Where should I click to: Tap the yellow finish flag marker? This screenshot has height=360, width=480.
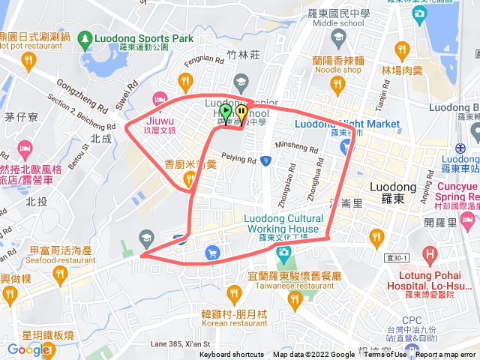coord(241,112)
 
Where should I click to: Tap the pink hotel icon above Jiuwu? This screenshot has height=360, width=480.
coord(159,98)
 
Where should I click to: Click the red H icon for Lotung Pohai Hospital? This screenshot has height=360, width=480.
coord(429,253)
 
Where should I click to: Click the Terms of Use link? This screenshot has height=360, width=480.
coord(385,355)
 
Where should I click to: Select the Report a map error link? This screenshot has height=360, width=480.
coord(447,355)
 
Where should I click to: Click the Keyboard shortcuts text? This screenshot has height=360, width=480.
coord(232,355)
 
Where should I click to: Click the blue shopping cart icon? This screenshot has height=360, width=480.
coord(213,255)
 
